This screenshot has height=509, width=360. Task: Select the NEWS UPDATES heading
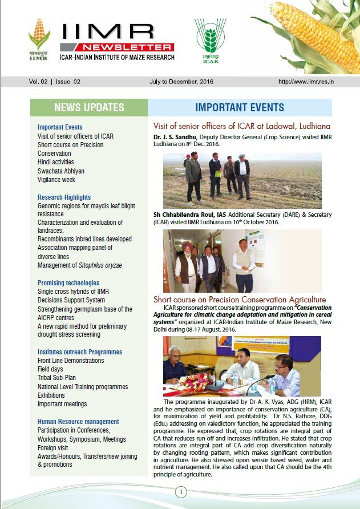point(89,107)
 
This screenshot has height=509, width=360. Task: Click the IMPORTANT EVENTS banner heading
point(240,107)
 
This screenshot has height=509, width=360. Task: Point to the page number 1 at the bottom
point(180,492)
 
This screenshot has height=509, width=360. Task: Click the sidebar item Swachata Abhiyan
point(61,171)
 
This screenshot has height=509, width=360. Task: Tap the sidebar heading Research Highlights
point(64,197)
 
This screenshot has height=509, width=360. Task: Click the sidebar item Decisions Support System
point(71,300)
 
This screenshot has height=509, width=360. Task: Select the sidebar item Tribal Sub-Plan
point(56,378)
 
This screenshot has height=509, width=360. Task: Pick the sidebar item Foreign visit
point(55,447)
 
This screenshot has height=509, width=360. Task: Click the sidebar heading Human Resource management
point(78,422)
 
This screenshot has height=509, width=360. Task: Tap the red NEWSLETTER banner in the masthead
point(124,47)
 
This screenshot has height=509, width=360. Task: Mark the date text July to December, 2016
point(179,82)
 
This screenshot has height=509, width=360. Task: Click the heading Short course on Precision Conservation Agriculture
point(240,300)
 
